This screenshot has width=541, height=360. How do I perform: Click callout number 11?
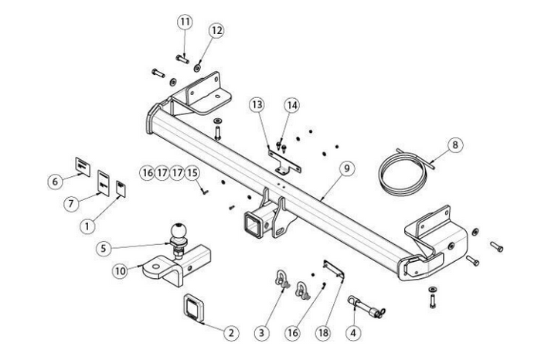pyautogui.click(x=184, y=22)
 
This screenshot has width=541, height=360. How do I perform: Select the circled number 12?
pyautogui.click(x=216, y=30)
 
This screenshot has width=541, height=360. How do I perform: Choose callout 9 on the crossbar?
pyautogui.click(x=345, y=168)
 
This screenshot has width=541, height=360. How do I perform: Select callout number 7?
pyautogui.click(x=72, y=203)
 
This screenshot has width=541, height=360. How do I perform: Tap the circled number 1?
pyautogui.click(x=87, y=226)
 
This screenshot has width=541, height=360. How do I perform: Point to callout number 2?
pyautogui.click(x=230, y=334)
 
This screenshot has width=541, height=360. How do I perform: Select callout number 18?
pyautogui.click(x=323, y=333)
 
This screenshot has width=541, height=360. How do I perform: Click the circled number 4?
pyautogui.click(x=353, y=333)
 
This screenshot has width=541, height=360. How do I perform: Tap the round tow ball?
pyautogui.click(x=179, y=231)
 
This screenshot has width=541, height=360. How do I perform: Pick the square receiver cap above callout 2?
pyautogui.click(x=194, y=308)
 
